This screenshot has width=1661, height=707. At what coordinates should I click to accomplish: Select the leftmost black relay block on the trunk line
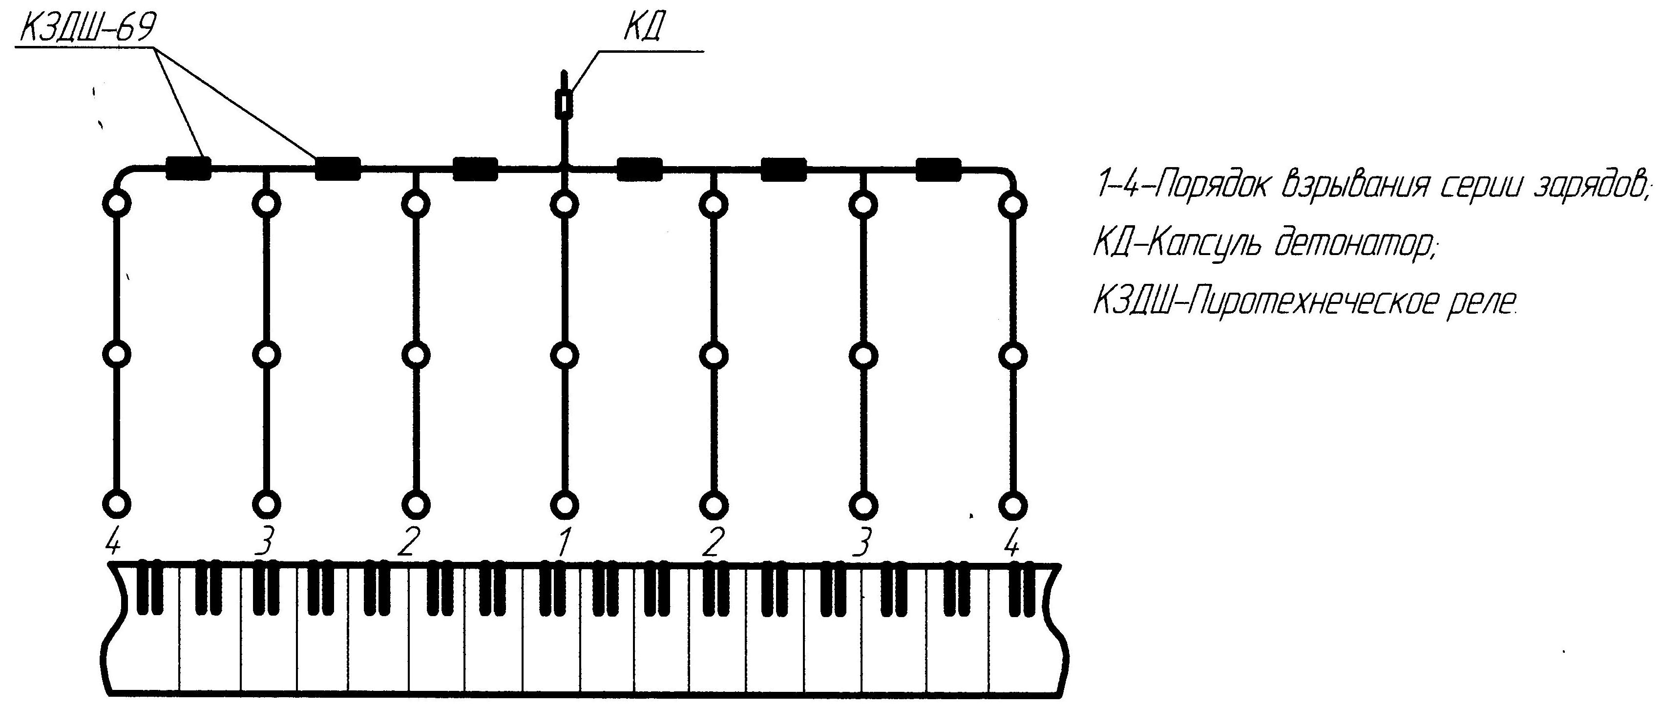189,169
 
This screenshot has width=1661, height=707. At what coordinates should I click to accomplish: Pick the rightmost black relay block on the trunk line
938,169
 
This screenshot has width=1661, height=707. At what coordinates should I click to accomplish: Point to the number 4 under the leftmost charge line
113,542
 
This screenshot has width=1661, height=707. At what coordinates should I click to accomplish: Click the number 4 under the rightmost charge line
1012,542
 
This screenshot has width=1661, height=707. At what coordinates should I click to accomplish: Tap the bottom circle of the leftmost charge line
117,504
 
